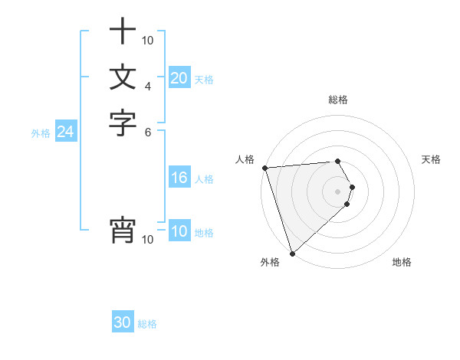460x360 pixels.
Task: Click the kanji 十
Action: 123,33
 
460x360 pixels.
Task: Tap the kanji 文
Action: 123,77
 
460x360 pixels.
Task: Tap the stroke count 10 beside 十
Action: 148,40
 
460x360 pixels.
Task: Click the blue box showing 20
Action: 179,78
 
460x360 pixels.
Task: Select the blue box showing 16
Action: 179,178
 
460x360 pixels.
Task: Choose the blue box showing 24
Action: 66,133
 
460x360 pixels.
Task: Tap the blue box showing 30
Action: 123,323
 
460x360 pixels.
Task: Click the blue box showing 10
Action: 179,232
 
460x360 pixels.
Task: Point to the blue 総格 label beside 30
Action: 147,324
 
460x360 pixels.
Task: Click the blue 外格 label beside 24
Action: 41,133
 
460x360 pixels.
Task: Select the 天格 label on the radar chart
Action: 431,159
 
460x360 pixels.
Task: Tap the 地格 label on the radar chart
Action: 402,262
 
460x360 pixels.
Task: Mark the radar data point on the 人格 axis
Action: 264,168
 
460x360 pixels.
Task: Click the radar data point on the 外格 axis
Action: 292,253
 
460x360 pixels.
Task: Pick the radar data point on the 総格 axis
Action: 337,162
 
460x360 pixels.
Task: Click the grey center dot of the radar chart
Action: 337,191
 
